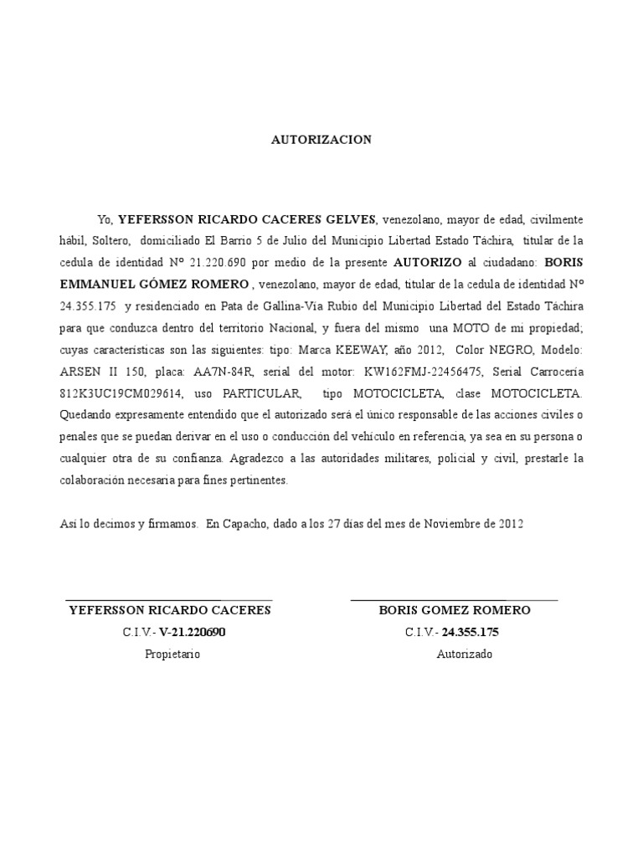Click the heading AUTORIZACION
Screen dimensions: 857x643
(x=321, y=140)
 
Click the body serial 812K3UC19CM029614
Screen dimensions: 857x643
(x=118, y=393)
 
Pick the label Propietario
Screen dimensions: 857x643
(x=172, y=654)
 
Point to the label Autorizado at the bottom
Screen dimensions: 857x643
(x=465, y=654)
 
